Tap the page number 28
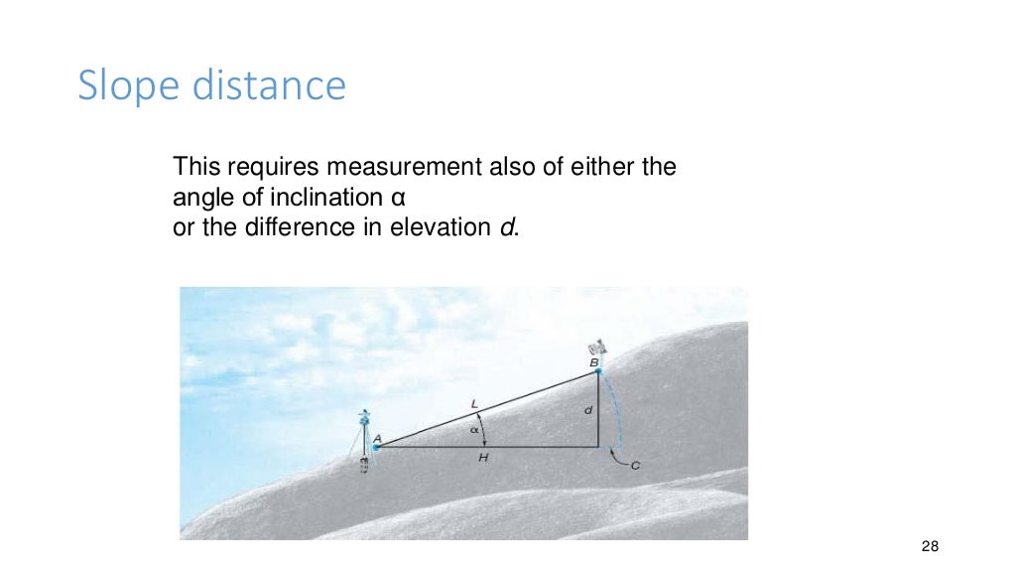930,547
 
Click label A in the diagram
377,436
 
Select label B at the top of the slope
594,363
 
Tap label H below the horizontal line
483,458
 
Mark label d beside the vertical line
588,408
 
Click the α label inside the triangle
475,429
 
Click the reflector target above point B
597,347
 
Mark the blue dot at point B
598,371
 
